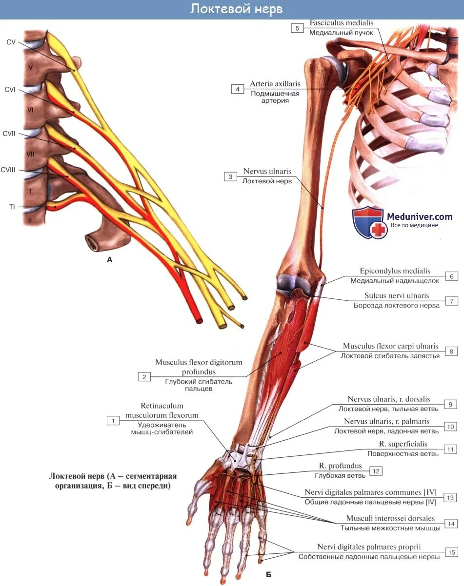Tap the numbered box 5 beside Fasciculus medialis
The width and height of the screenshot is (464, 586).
(297, 28)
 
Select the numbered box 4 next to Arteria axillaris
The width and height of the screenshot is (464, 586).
(238, 89)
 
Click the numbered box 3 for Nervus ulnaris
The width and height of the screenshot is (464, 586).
(230, 176)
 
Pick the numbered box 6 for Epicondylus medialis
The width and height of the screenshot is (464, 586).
(452, 276)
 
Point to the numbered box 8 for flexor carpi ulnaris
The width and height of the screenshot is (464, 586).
(452, 351)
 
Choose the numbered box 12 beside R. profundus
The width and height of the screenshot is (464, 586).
(376, 471)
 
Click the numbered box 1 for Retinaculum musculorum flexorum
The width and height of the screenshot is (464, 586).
(113, 420)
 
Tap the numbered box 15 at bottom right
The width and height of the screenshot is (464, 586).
(452, 552)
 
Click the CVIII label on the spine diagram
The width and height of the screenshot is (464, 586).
(8, 170)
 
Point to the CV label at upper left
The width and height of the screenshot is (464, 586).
(11, 42)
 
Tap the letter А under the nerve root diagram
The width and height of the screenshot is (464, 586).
(110, 260)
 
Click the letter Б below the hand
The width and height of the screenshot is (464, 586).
(268, 575)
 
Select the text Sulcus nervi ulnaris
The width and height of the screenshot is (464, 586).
(397, 295)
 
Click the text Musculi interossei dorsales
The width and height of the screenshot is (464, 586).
(390, 518)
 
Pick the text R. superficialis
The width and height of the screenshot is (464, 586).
(403, 444)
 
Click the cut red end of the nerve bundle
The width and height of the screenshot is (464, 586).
(198, 320)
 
